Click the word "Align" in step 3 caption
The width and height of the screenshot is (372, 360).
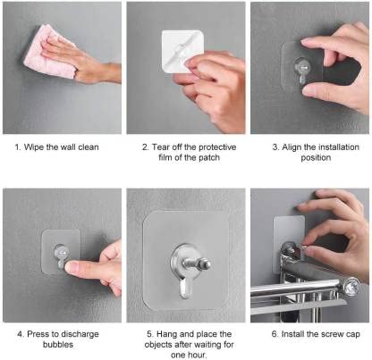[284, 147]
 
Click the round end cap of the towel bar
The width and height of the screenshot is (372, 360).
[351, 287]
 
